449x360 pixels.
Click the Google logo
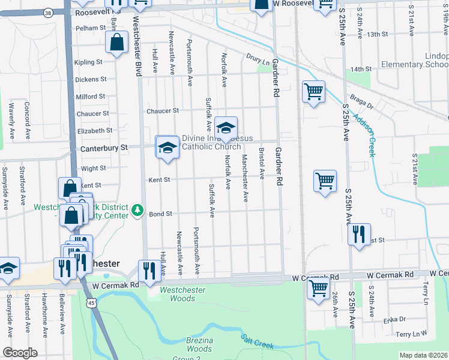point(20,353)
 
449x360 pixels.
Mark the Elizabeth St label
point(94,130)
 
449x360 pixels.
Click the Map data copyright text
point(423,355)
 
